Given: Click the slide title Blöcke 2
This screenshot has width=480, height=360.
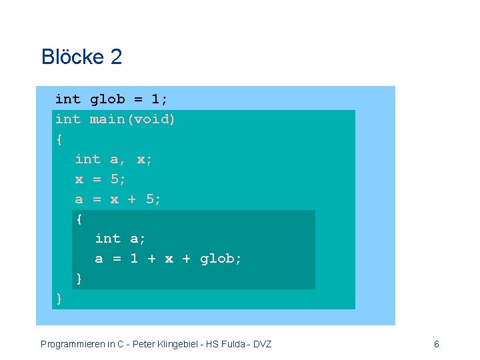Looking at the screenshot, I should point(81,57).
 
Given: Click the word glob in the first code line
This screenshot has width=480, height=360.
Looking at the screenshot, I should point(107,100).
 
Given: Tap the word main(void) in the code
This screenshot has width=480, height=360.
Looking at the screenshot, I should point(133,120).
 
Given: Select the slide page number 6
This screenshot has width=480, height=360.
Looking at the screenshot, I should point(436,345).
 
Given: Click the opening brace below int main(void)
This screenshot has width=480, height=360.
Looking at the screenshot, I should point(59,140).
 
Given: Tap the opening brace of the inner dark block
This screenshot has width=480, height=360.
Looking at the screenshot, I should point(79,219).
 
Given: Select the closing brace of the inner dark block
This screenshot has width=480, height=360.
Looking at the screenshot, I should point(79,279).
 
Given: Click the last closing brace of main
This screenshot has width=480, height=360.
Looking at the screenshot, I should point(59,299).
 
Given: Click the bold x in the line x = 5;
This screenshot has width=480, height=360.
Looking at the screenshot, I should point(79,180).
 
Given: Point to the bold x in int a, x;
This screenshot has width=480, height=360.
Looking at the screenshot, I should point(141,160).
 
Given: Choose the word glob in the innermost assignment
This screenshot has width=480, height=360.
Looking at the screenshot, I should point(217,259).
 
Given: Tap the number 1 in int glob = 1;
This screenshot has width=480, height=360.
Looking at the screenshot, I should point(155,100).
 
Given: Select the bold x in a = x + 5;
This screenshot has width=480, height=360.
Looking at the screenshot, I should point(115,199).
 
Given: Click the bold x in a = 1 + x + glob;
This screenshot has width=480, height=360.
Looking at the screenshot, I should point(169,259).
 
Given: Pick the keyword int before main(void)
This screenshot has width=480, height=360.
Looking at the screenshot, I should point(67,120).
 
